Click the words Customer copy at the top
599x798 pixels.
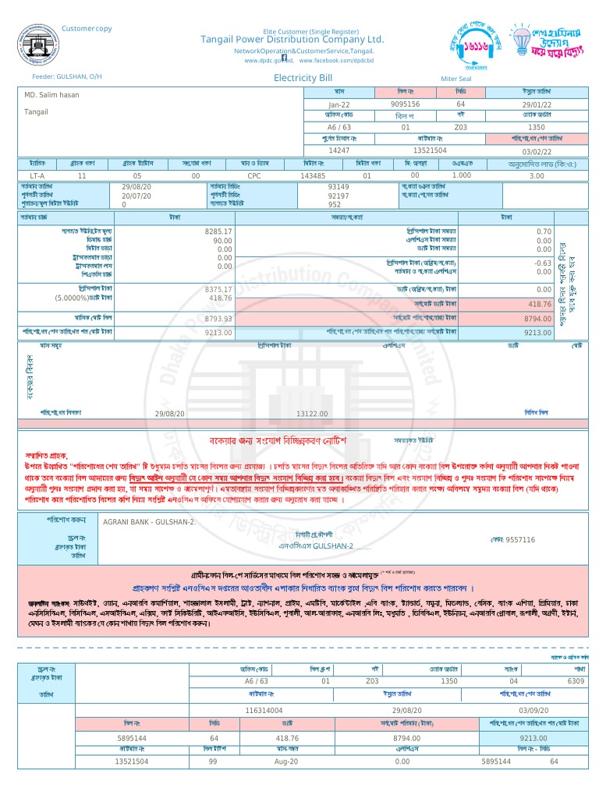click(x=87, y=29)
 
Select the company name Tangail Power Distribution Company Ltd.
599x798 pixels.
click(x=292, y=39)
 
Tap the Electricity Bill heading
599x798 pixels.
click(x=303, y=78)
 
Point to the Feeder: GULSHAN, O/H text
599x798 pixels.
click(x=67, y=77)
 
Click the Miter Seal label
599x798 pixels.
click(x=456, y=79)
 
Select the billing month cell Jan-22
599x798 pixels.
click(x=338, y=104)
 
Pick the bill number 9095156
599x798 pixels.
click(x=405, y=104)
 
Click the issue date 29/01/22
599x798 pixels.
click(x=536, y=104)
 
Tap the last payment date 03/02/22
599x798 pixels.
click(x=536, y=150)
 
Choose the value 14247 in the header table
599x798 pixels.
click(x=338, y=150)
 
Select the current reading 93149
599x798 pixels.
click(x=338, y=187)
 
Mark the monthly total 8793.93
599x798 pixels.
click(x=218, y=319)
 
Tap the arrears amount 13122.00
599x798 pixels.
click(x=312, y=414)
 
